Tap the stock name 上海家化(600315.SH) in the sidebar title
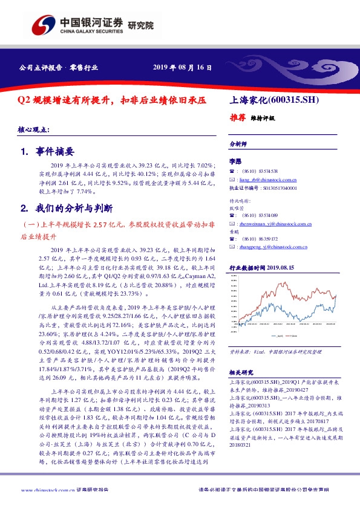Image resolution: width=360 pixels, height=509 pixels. coord(275,100)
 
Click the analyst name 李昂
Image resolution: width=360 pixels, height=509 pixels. coord(235,162)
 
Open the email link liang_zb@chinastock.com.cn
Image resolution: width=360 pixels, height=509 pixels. coord(266,180)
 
